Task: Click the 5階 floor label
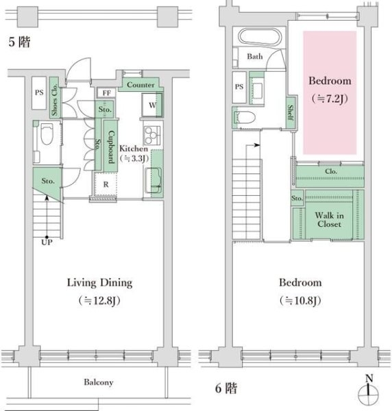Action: point(18,42)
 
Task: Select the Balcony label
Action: point(99,382)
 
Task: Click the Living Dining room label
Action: point(99,282)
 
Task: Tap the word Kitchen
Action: point(133,148)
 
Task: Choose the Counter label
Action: point(140,84)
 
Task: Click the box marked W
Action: point(151,105)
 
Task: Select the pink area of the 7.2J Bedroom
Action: point(330,92)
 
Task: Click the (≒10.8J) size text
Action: point(299,301)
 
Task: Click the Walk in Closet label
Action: point(328,219)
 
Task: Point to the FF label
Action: point(106,92)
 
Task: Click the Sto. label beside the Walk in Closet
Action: point(297,199)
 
